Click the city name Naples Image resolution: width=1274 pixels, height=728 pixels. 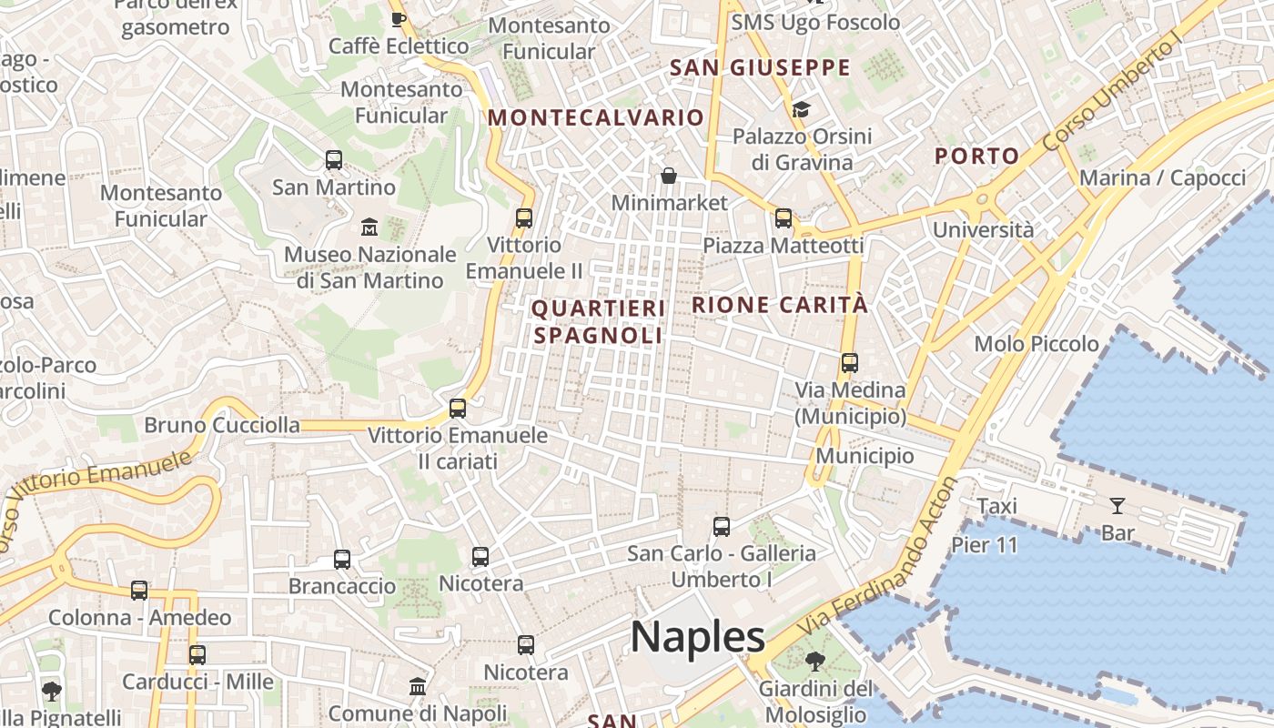(x=698, y=636)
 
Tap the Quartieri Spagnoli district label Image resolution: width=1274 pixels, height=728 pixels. (x=598, y=322)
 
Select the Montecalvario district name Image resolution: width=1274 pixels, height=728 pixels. (x=596, y=117)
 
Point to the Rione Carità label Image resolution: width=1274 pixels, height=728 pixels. (x=780, y=305)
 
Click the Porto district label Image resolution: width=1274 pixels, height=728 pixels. (x=977, y=156)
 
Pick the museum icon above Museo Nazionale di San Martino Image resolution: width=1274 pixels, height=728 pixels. (x=369, y=227)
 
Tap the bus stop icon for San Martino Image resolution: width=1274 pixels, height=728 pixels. (x=334, y=160)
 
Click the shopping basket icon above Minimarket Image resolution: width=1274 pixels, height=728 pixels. (x=669, y=175)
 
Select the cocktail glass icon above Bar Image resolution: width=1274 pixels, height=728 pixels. (x=1117, y=506)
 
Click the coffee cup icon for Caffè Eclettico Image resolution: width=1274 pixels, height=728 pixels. (x=398, y=18)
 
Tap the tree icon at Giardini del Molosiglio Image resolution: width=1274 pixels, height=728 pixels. (x=815, y=662)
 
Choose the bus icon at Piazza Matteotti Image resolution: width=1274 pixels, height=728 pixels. (x=784, y=218)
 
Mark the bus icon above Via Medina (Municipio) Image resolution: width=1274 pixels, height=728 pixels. (x=850, y=363)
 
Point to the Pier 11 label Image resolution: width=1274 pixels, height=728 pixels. (x=985, y=545)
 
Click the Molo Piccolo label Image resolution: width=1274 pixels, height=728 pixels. (x=1036, y=344)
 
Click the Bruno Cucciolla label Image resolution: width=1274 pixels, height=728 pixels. (x=222, y=425)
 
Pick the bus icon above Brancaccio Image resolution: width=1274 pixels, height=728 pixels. (x=342, y=560)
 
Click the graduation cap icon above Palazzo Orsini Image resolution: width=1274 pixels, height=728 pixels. (x=801, y=110)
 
